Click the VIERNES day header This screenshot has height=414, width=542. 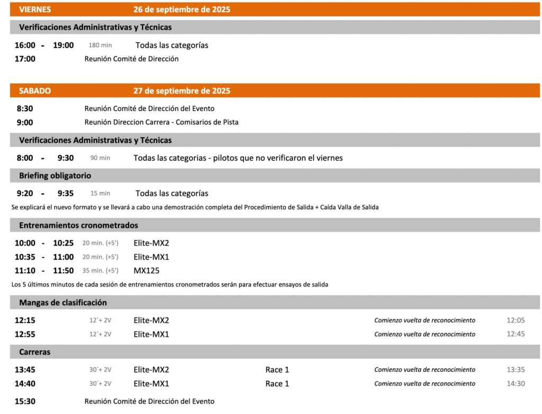tap(35, 10)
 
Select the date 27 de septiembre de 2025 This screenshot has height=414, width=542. tap(182, 91)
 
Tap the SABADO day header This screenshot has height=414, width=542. tap(35, 91)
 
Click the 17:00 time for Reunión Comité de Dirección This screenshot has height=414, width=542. tap(25, 59)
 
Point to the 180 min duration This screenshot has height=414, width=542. tap(100, 46)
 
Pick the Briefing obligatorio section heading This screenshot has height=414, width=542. tap(55, 175)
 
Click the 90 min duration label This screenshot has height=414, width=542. tap(100, 158)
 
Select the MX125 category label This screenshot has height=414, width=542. tap(147, 271)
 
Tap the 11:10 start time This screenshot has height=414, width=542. tap(25, 271)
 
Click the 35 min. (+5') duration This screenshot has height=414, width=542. tap(100, 271)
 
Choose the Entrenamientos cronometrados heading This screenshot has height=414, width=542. tap(78, 225)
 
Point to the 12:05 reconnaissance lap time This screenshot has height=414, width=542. tap(516, 320)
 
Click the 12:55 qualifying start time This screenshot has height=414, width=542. tap(25, 334)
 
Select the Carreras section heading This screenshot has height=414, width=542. tap(35, 352)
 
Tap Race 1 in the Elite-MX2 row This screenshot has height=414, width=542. tap(277, 370)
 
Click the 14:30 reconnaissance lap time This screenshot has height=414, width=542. tap(516, 383)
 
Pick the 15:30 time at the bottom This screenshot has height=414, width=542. tap(25, 401)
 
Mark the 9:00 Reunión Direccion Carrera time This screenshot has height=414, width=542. tap(25, 122)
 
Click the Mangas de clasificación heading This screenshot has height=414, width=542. tap(63, 302)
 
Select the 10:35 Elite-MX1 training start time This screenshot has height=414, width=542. tap(25, 257)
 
